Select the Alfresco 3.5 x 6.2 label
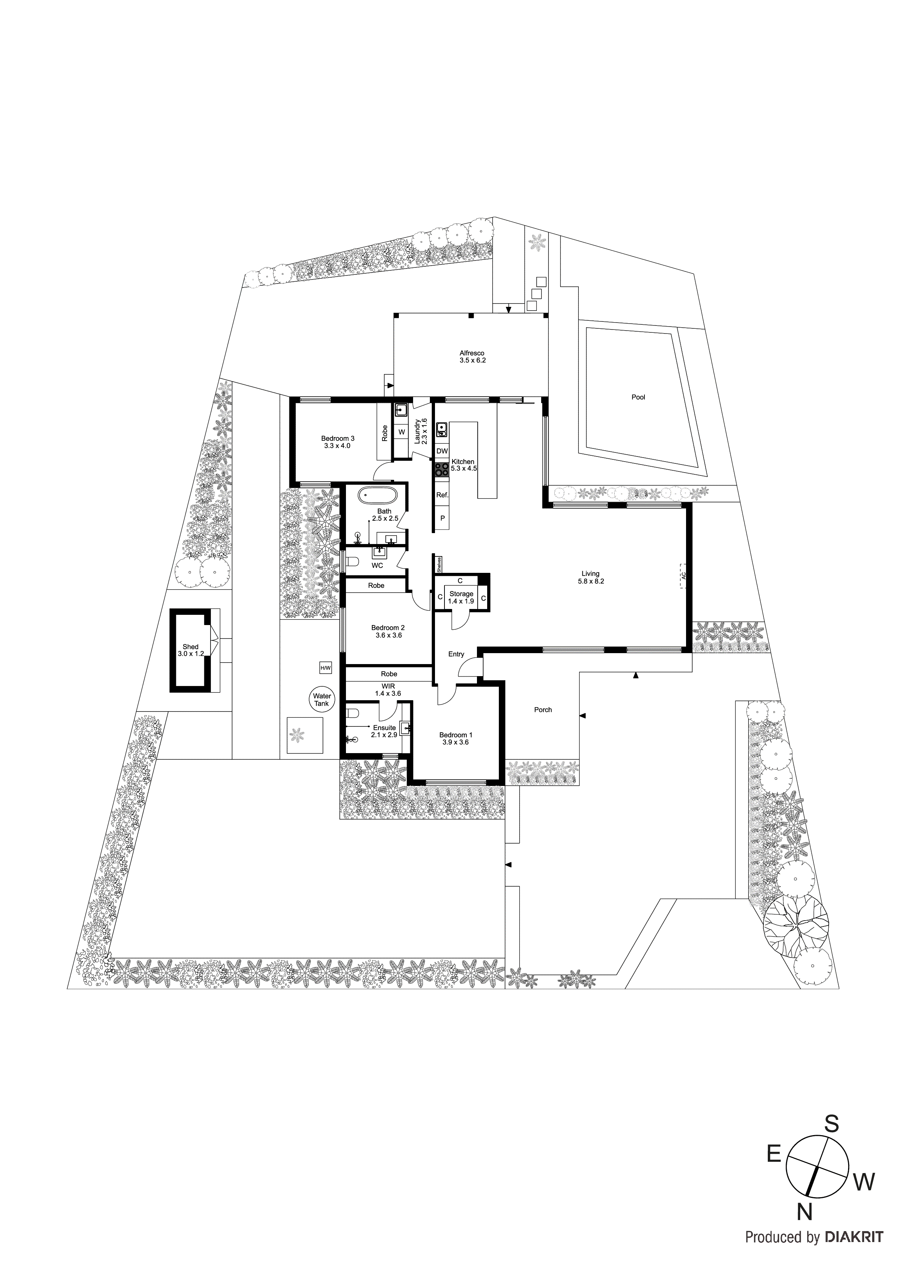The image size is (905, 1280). (x=472, y=357)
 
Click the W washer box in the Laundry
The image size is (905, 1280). (x=401, y=432)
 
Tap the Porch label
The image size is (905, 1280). (x=543, y=710)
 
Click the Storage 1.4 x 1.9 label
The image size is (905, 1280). (x=461, y=598)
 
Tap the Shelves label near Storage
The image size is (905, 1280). (x=439, y=565)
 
